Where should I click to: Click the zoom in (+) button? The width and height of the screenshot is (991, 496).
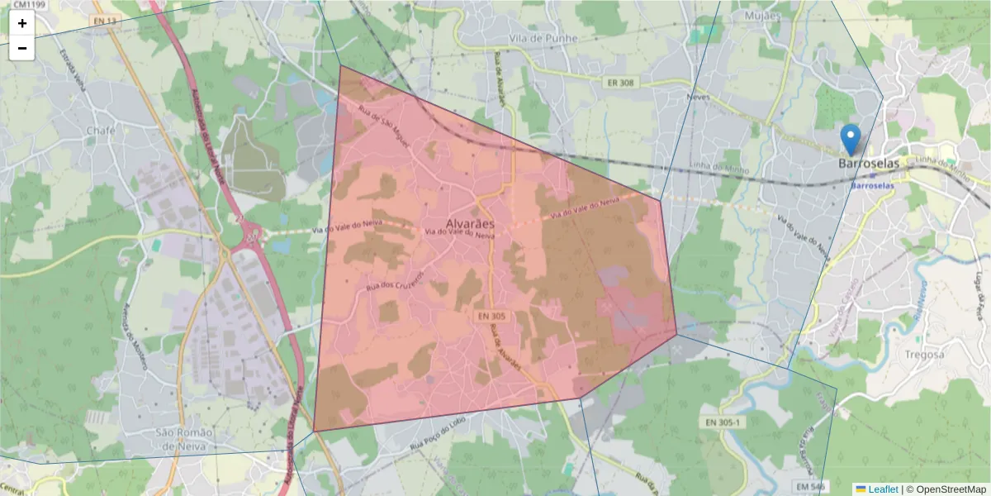point(22,23)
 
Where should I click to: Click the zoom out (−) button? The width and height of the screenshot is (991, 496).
point(22,48)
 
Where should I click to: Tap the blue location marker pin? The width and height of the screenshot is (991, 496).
point(850,139)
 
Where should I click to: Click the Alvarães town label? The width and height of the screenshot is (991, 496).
point(469,223)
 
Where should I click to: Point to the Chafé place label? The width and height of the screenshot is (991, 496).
point(101,131)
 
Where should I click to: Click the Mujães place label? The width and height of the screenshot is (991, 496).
point(761,16)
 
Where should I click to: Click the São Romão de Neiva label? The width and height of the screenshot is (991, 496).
point(185,440)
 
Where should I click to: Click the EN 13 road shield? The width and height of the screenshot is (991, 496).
point(103,20)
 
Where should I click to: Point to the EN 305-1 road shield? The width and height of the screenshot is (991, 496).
point(725,422)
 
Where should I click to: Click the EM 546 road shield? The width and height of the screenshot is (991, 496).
point(811,485)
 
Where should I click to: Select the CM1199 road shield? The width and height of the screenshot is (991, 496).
point(29,5)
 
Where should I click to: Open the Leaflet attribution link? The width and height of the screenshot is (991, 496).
point(882,489)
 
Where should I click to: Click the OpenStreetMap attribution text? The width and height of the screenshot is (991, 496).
point(951,489)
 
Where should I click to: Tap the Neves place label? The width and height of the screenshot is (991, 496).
point(698,97)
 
